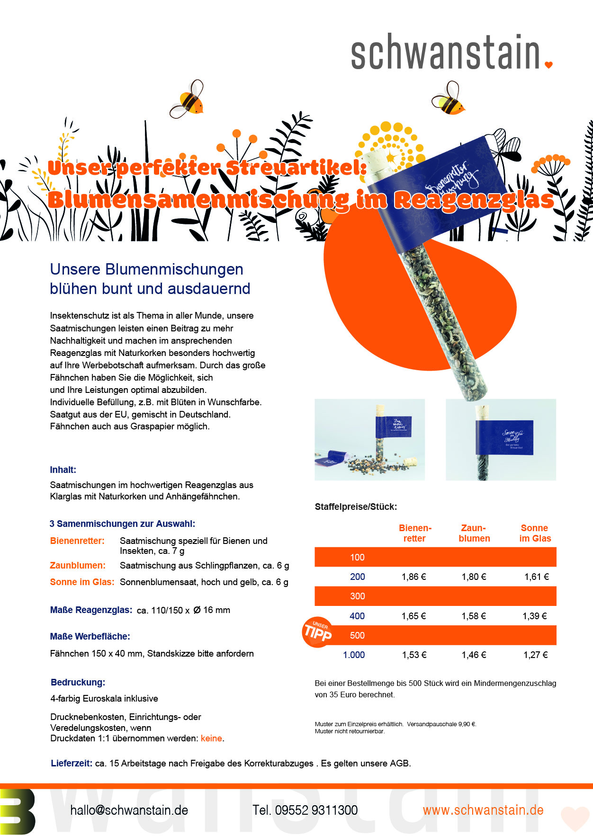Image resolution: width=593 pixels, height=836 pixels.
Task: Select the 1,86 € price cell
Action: [x=413, y=577]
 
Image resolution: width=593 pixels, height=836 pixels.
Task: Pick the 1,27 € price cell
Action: [x=535, y=655]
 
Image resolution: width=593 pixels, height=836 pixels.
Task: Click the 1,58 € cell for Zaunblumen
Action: [x=474, y=616]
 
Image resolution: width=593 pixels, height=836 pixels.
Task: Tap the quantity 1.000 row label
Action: [x=354, y=655]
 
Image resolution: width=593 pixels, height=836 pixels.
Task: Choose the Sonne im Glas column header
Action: [x=535, y=533]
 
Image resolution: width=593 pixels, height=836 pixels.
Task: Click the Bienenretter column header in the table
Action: [x=415, y=533]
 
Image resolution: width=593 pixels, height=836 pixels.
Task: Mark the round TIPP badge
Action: [x=317, y=631]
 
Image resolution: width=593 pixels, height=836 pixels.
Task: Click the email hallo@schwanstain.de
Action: [x=129, y=810]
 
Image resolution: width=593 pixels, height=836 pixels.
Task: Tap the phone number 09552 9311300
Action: [x=305, y=810]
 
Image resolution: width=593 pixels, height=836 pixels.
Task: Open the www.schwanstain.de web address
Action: [x=483, y=810]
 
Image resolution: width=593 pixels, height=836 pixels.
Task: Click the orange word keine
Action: [x=211, y=738]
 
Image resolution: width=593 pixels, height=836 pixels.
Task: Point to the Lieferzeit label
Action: [x=71, y=763]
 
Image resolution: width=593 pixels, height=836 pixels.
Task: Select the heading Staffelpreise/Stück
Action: [x=356, y=507]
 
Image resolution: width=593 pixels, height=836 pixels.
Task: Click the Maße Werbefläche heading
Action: [x=90, y=636]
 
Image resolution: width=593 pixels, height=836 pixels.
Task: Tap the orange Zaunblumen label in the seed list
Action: [x=78, y=565]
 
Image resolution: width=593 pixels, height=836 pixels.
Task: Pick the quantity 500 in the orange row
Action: [x=357, y=635]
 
